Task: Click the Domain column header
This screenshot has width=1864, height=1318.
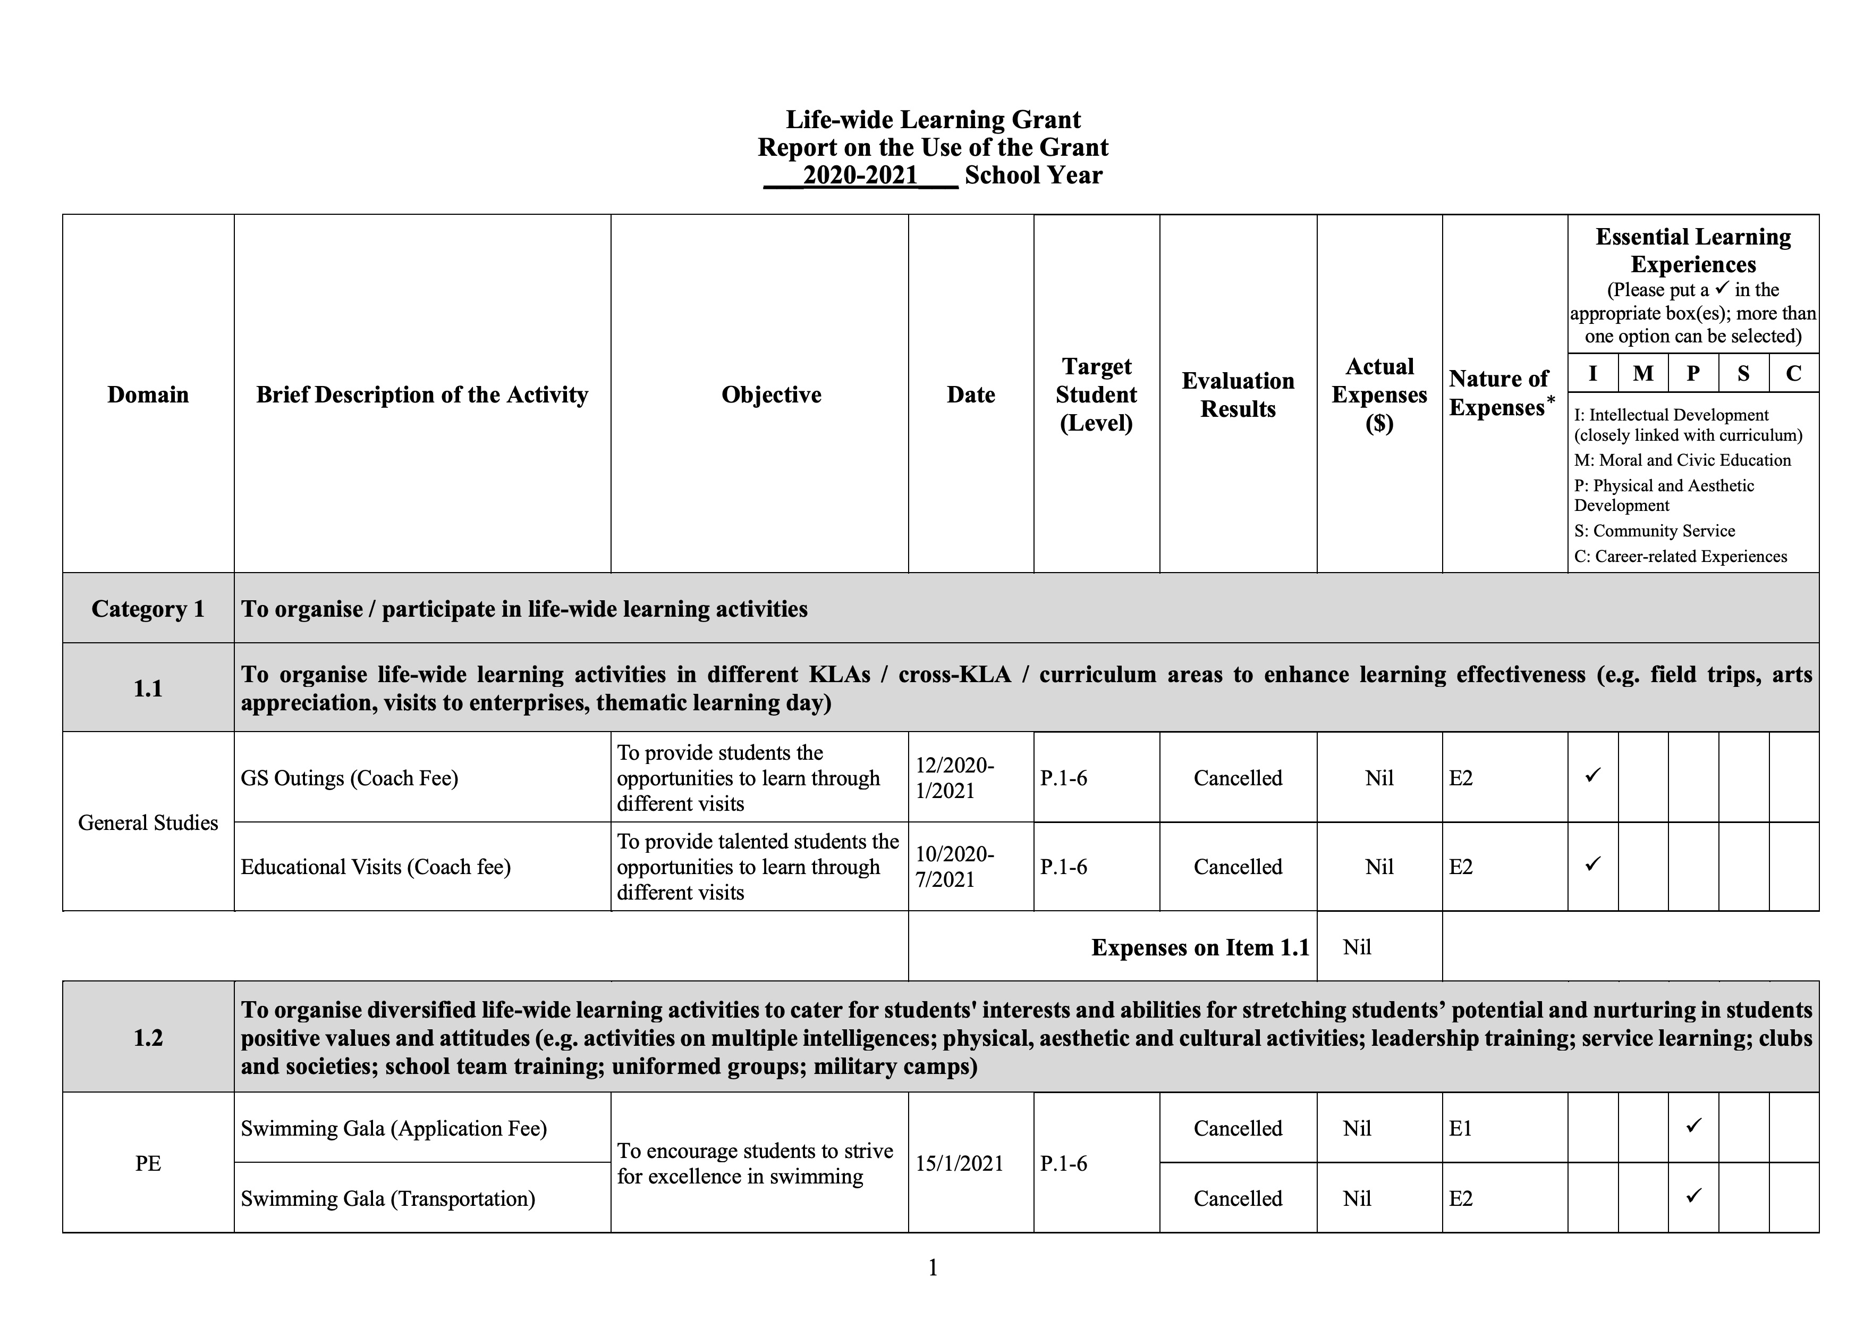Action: click(x=148, y=394)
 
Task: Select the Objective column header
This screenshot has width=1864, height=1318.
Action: click(x=771, y=394)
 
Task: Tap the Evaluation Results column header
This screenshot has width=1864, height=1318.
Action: click(x=1237, y=394)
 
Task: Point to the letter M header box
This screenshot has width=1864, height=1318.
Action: click(x=1642, y=374)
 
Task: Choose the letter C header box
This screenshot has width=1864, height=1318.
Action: click(x=1793, y=374)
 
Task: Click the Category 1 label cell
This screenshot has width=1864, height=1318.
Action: click(x=148, y=609)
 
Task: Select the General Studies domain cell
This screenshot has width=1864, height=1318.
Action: click(x=148, y=822)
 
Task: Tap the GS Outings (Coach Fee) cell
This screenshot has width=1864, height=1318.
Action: click(x=349, y=778)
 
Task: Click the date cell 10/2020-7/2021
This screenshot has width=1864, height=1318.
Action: click(x=955, y=867)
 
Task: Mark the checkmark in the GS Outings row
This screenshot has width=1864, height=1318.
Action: click(x=1592, y=776)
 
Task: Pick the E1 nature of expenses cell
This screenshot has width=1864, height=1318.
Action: click(x=1461, y=1128)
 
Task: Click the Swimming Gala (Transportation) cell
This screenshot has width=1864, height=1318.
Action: click(x=388, y=1198)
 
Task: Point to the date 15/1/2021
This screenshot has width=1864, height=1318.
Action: click(x=960, y=1164)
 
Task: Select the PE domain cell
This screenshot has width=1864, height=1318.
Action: click(x=148, y=1164)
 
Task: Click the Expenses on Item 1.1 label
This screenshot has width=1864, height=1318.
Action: click(x=1200, y=947)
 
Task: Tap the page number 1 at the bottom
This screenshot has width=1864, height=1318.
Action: click(x=933, y=1267)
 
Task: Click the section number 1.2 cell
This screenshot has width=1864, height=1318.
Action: click(x=148, y=1038)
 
